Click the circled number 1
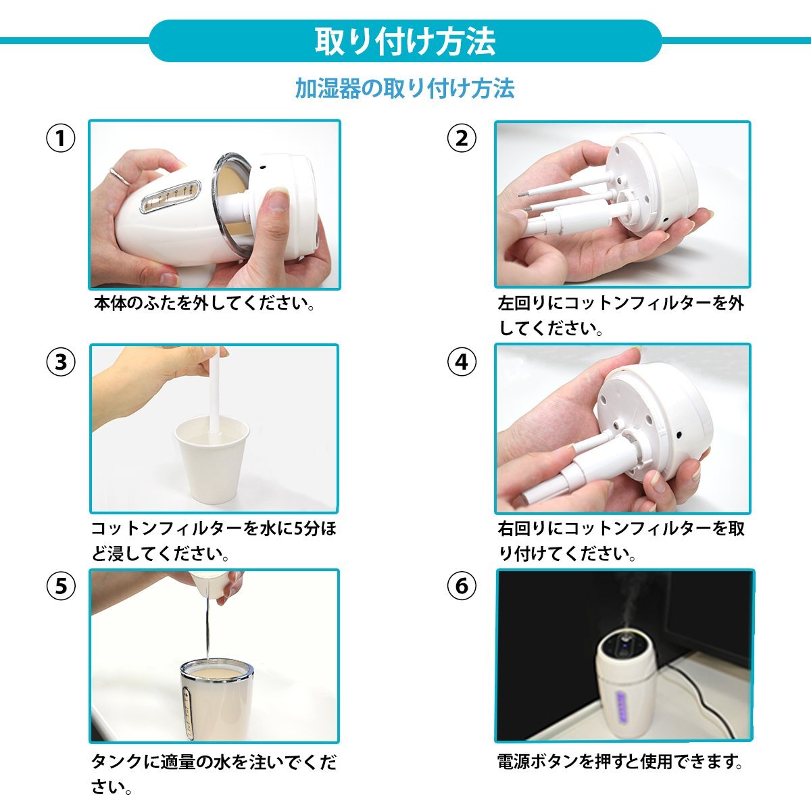(x=61, y=138)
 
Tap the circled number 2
(x=462, y=138)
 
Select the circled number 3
(x=61, y=362)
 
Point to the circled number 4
(x=462, y=362)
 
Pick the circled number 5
(x=61, y=586)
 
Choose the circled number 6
(x=462, y=586)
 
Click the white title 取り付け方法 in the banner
(x=405, y=41)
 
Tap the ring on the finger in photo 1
(x=120, y=177)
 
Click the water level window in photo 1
(x=170, y=197)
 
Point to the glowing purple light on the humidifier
(x=621, y=708)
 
